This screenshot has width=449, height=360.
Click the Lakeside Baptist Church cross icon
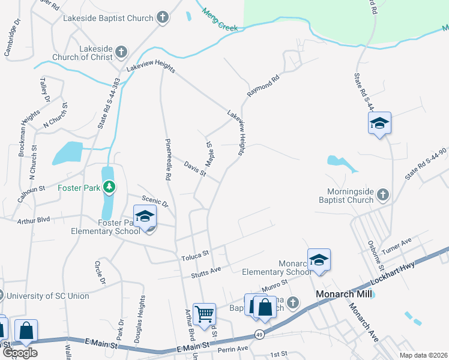163,18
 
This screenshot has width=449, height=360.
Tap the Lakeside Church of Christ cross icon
121,52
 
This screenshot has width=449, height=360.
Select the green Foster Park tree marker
109,187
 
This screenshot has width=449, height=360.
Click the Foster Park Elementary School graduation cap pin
145,217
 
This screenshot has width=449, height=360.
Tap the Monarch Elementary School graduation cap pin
319,260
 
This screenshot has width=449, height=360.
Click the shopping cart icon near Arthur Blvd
205,313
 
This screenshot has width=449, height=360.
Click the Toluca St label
194,257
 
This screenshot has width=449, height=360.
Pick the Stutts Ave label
206,272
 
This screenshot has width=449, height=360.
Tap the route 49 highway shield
259,333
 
